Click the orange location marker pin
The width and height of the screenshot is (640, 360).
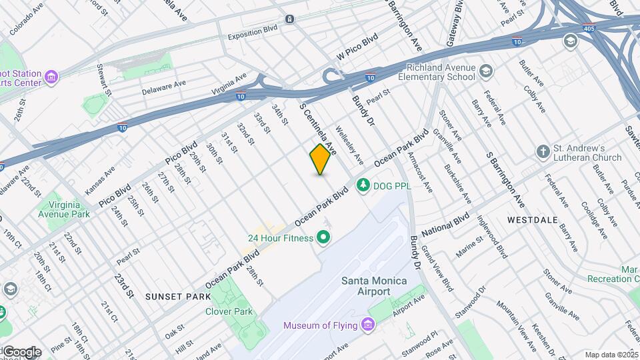(x=321, y=159)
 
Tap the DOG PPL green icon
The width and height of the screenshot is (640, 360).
(x=363, y=185)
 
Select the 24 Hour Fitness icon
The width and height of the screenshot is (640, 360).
(x=324, y=237)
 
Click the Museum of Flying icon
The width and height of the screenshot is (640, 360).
(x=367, y=325)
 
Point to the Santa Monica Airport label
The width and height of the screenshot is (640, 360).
(x=374, y=286)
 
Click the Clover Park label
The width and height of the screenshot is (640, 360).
(x=229, y=311)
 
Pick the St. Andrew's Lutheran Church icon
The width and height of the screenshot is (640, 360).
(x=544, y=152)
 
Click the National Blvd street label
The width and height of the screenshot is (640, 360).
(x=445, y=224)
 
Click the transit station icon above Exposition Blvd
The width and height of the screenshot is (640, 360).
(x=289, y=19)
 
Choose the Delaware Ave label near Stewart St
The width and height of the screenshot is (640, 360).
(x=163, y=88)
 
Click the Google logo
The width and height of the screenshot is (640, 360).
(x=21, y=351)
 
